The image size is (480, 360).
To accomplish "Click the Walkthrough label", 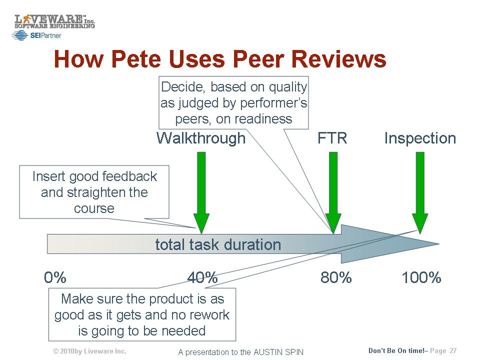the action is (x=201, y=138).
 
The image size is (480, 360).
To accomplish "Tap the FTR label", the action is (x=332, y=138).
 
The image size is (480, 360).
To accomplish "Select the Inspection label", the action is (x=420, y=138).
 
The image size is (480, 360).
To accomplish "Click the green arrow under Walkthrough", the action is (x=201, y=193).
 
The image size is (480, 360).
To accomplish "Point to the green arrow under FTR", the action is (x=333, y=193).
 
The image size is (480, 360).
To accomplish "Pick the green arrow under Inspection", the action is (x=420, y=193).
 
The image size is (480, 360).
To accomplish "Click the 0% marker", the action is (x=55, y=277).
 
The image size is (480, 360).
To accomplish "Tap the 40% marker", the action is (x=202, y=277).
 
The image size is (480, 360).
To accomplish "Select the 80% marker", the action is (x=336, y=277).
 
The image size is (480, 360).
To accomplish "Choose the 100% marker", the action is (x=421, y=277).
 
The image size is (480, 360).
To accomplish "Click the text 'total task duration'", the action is (x=218, y=244).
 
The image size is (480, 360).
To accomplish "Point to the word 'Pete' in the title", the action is (x=137, y=59).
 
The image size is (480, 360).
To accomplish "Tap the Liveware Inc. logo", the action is (x=55, y=21).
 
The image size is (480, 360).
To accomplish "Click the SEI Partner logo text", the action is (x=45, y=35).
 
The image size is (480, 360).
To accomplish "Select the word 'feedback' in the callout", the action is (x=129, y=176).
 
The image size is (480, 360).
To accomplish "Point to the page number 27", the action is (x=453, y=351).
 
